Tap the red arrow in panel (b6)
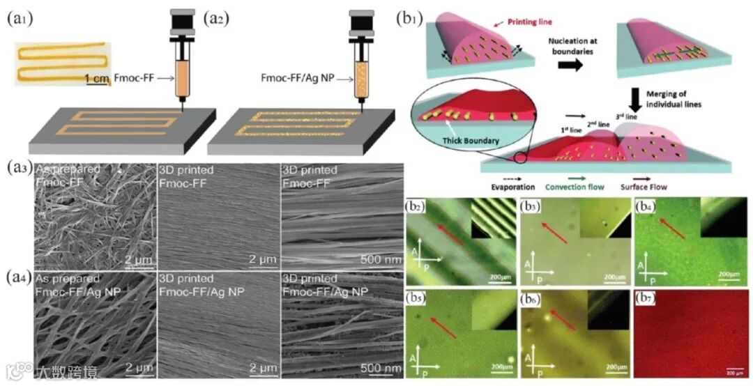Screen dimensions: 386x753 (551, 322)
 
